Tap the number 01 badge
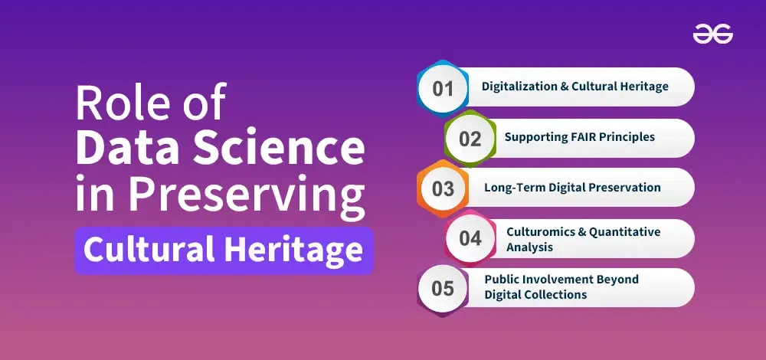[x=443, y=87]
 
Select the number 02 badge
[x=470, y=139]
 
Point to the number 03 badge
[x=443, y=188]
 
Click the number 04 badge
[x=470, y=238]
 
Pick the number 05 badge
[x=443, y=288]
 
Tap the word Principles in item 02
[x=627, y=137]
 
